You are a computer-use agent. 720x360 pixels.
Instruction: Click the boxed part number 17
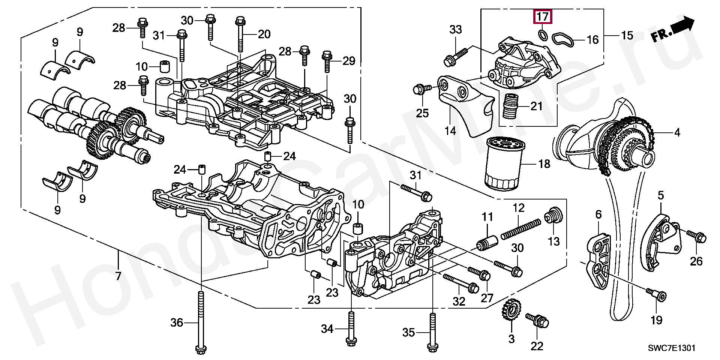pos(543,17)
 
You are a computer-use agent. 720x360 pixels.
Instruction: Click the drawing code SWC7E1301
pos(672,348)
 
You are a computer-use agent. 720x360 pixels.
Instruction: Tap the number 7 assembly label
pos(118,276)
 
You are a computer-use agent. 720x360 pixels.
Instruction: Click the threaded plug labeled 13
pos(553,215)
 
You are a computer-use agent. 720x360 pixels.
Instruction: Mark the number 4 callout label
pos(677,132)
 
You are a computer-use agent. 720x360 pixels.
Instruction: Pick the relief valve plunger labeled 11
pos(486,242)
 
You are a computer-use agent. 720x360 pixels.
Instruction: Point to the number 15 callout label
pos(627,35)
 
